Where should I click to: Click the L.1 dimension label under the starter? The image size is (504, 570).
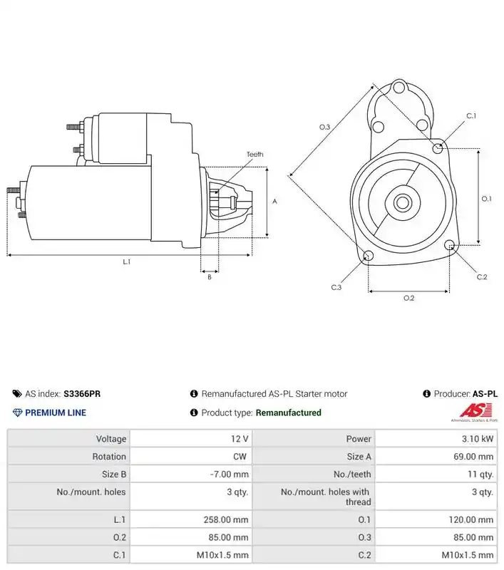pos(126,261)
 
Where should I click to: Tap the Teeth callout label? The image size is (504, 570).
pos(254,155)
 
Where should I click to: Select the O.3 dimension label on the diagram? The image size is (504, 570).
pos(324,127)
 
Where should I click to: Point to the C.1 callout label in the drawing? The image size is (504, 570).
pos(471,116)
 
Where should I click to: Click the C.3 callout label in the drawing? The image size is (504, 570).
pos(336,287)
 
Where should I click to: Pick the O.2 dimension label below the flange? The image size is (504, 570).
pos(408,298)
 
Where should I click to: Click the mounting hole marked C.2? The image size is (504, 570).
pos(449,245)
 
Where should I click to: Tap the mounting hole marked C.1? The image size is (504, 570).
pos(438,148)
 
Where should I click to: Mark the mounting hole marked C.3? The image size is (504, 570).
pos(368,256)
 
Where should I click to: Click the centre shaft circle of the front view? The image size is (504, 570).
pos(403,203)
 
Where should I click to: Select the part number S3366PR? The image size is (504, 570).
pos(82,394)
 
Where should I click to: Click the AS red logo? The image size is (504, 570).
pos(475,411)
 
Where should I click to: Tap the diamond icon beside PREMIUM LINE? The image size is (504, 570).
pos(17,413)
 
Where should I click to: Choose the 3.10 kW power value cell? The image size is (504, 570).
pos(436,439)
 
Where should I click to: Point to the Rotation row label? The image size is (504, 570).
pos(109,457)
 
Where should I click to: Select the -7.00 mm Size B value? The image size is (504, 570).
pos(230,475)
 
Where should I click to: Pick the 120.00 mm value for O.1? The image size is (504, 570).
pos(471,520)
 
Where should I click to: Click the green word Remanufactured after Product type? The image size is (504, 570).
pos(289,413)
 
